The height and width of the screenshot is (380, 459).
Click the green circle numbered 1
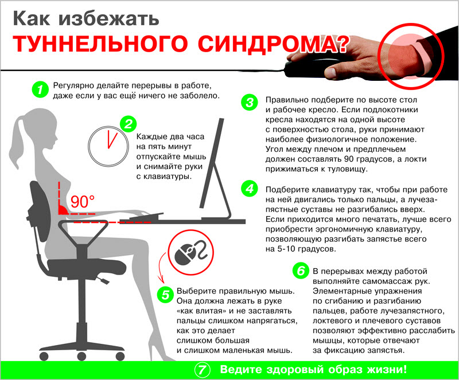[39, 89]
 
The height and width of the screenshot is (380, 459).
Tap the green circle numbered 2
[128, 124]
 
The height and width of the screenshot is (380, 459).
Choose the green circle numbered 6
[299, 271]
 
